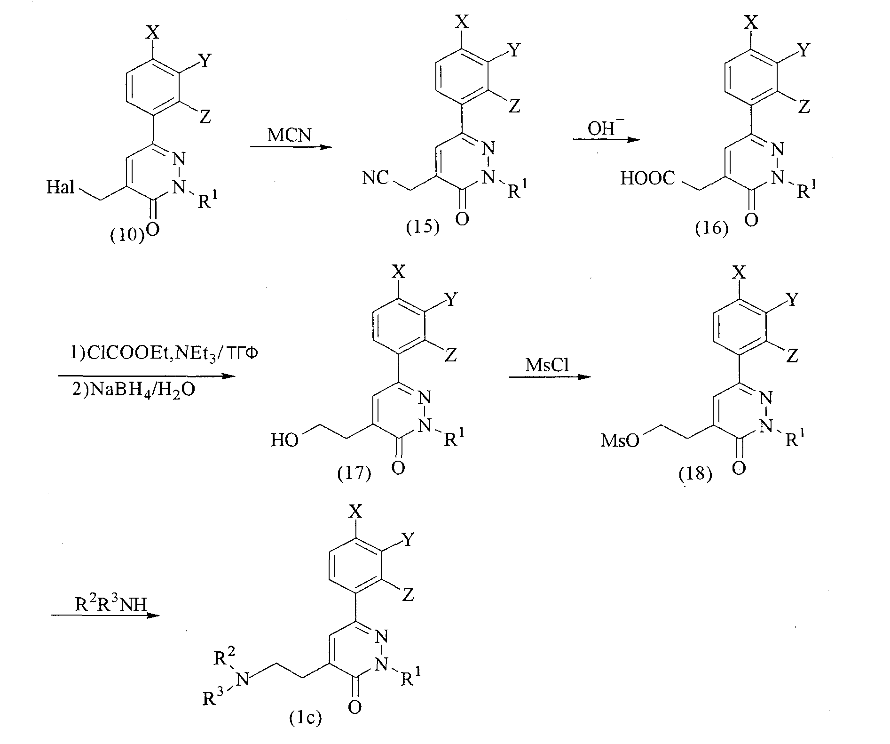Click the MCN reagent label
coord(289,136)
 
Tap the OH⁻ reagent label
coord(604,128)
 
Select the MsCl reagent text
coord(547,365)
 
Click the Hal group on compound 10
coord(61,188)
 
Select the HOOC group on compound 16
coord(648,178)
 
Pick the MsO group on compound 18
coord(621,441)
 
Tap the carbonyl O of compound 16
coord(751,220)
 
